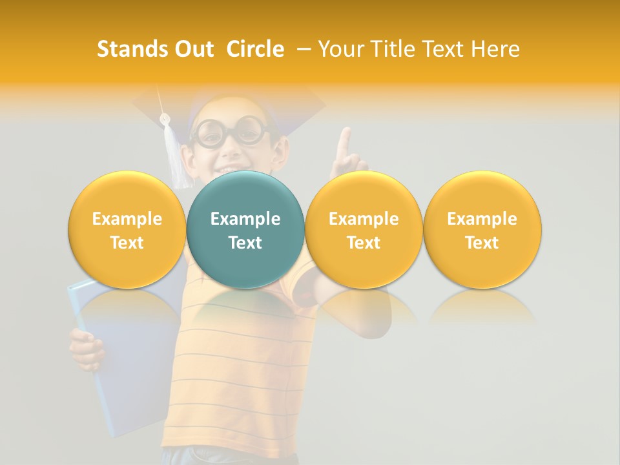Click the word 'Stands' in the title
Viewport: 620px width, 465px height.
click(131, 49)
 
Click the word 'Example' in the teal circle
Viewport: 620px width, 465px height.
click(245, 219)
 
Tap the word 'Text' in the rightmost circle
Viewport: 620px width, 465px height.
click(482, 243)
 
